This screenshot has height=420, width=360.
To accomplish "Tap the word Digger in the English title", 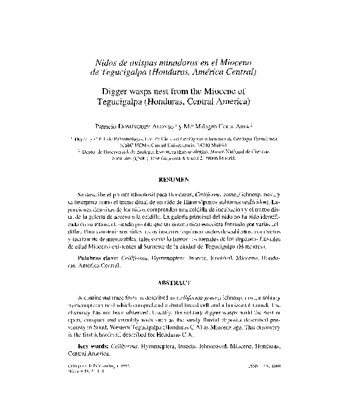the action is coord(114,90).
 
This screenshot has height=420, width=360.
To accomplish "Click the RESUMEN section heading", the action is coord(179,180).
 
